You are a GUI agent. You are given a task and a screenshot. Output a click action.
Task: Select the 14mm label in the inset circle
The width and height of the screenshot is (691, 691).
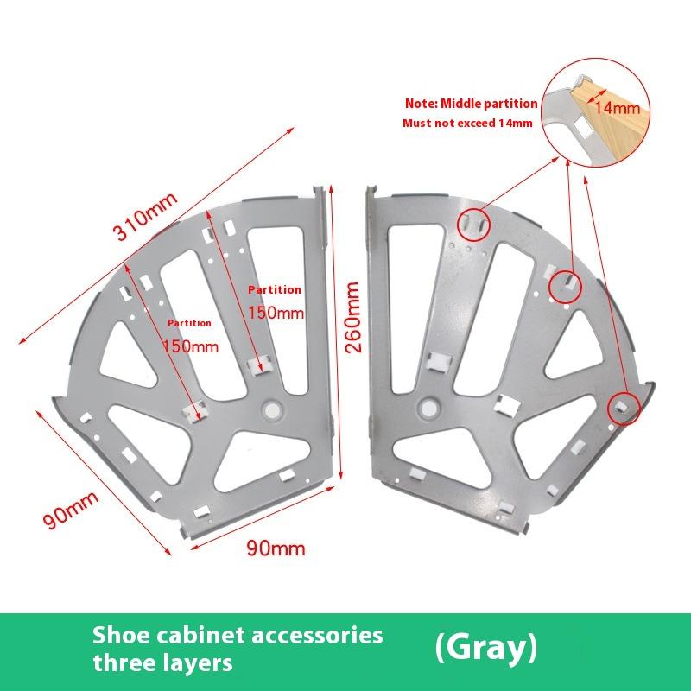617,108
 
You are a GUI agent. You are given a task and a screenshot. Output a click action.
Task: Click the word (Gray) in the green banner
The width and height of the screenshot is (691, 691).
486,648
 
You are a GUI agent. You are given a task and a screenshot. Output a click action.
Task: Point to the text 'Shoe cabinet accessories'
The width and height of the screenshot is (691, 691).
238,636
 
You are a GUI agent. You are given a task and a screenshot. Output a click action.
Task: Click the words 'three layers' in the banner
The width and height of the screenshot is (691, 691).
163,663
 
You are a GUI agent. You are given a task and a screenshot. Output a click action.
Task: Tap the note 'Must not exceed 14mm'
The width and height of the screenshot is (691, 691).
467,123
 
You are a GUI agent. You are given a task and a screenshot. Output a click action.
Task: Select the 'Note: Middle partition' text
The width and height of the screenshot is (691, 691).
472,104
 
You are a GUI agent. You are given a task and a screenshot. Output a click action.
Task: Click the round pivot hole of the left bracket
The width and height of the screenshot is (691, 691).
274,407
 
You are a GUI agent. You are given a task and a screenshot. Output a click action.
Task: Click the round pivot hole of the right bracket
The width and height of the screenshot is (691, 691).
426,406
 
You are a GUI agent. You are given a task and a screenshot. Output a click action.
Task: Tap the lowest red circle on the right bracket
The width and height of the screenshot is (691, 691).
623,406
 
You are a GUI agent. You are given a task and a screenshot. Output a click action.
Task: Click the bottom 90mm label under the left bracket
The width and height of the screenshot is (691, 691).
276,548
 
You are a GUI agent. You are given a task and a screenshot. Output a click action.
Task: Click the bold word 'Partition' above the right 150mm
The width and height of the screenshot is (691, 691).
275,290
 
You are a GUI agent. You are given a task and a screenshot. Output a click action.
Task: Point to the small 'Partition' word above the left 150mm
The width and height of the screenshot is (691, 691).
189,323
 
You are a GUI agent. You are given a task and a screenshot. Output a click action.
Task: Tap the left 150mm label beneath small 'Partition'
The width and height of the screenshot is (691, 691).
191,345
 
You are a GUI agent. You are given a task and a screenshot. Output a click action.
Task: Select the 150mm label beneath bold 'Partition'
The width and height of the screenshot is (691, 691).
276,313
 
